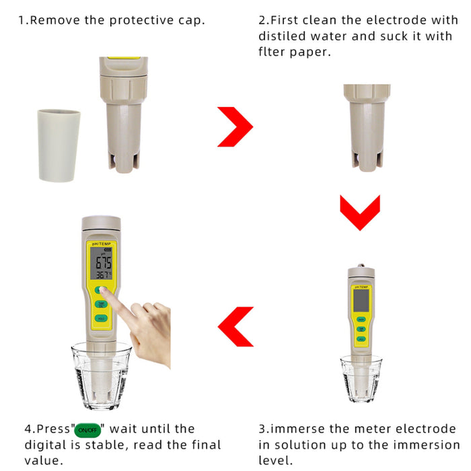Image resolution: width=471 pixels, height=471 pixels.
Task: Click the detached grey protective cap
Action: pos(59,145)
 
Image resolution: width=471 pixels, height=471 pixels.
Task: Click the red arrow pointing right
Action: pos(235,126)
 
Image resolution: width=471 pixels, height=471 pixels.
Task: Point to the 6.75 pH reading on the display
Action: pos(103,262)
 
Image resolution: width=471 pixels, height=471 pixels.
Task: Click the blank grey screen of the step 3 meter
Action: pos(360,297)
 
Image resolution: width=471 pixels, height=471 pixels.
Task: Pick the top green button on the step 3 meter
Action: pos(361,319)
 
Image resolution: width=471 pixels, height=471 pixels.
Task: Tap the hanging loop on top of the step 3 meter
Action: pos(361,264)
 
